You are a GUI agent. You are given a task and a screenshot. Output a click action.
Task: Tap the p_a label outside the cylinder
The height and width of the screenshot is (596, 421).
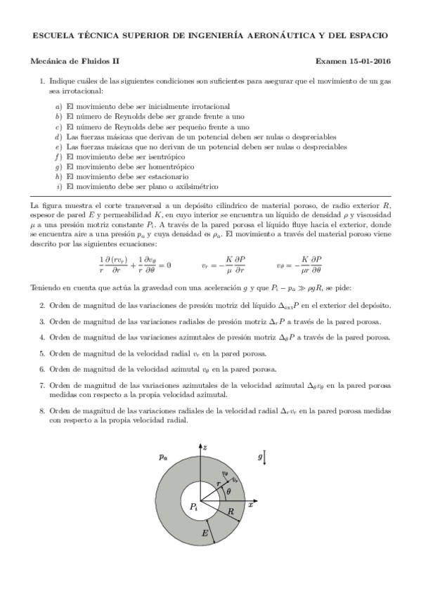(x=163, y=457)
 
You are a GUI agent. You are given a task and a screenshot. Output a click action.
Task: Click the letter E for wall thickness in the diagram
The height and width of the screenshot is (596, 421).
(x=205, y=534)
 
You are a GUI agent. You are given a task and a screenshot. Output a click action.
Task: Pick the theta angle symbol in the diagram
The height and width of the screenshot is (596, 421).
(x=228, y=493)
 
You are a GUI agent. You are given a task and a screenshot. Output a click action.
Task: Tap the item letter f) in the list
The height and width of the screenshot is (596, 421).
(x=59, y=157)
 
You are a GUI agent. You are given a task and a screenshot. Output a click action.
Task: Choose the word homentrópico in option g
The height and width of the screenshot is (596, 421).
(x=169, y=167)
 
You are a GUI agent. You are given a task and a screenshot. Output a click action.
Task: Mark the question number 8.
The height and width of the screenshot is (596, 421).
(x=42, y=410)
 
